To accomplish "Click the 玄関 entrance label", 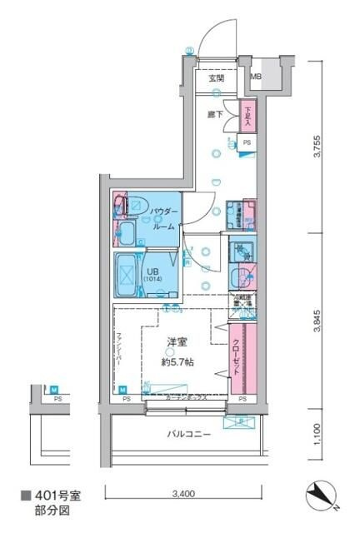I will coord(216,78).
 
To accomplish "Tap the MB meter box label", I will coord(257,78).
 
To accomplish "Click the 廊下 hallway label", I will coord(216,114).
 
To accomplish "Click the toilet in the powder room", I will coord(135,204).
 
